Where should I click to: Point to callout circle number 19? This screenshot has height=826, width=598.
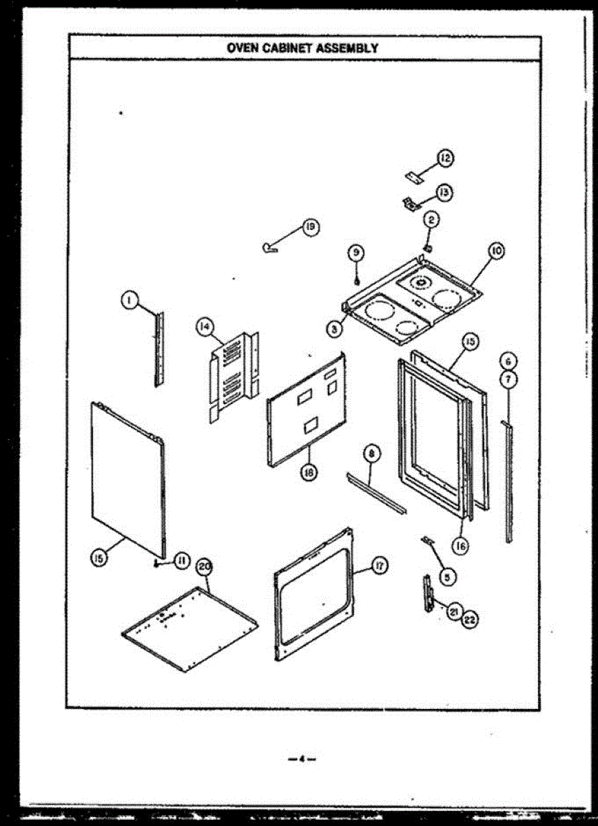click(311, 226)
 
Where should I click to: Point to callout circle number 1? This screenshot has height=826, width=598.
click(127, 299)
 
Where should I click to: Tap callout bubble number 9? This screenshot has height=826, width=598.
click(356, 253)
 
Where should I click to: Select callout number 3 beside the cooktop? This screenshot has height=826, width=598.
click(334, 330)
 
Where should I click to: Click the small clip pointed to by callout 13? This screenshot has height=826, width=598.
click(411, 203)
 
